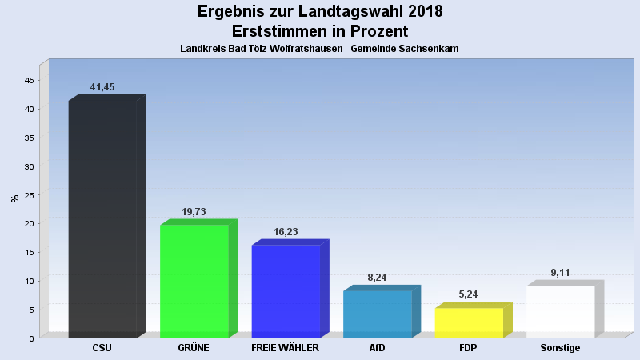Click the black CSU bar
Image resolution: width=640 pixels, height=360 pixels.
click(102, 218)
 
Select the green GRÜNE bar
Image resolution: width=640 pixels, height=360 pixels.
click(194, 281)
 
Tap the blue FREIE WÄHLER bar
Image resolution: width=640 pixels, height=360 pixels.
click(286, 291)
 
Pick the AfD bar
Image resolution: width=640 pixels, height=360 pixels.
click(377, 314)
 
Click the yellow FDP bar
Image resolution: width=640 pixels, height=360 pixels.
click(469, 322)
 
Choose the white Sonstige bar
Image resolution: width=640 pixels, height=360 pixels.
click(560, 311)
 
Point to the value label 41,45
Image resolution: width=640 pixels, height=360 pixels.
click(103, 86)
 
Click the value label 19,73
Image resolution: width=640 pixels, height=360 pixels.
click(194, 212)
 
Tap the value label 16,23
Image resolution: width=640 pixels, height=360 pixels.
click(286, 231)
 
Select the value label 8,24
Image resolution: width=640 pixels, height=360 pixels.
click(378, 277)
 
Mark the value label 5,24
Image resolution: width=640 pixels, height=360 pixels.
click(469, 294)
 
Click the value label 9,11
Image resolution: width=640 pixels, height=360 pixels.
click(561, 273)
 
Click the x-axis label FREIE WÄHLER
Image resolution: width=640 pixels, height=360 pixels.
click(286, 349)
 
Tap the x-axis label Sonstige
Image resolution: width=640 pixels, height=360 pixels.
click(560, 349)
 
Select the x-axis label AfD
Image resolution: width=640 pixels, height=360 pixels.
click(377, 349)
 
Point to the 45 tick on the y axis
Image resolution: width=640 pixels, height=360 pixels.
click(29, 81)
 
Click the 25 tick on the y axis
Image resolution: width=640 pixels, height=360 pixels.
click(29, 195)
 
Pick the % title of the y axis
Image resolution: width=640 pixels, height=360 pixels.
click(14, 198)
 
